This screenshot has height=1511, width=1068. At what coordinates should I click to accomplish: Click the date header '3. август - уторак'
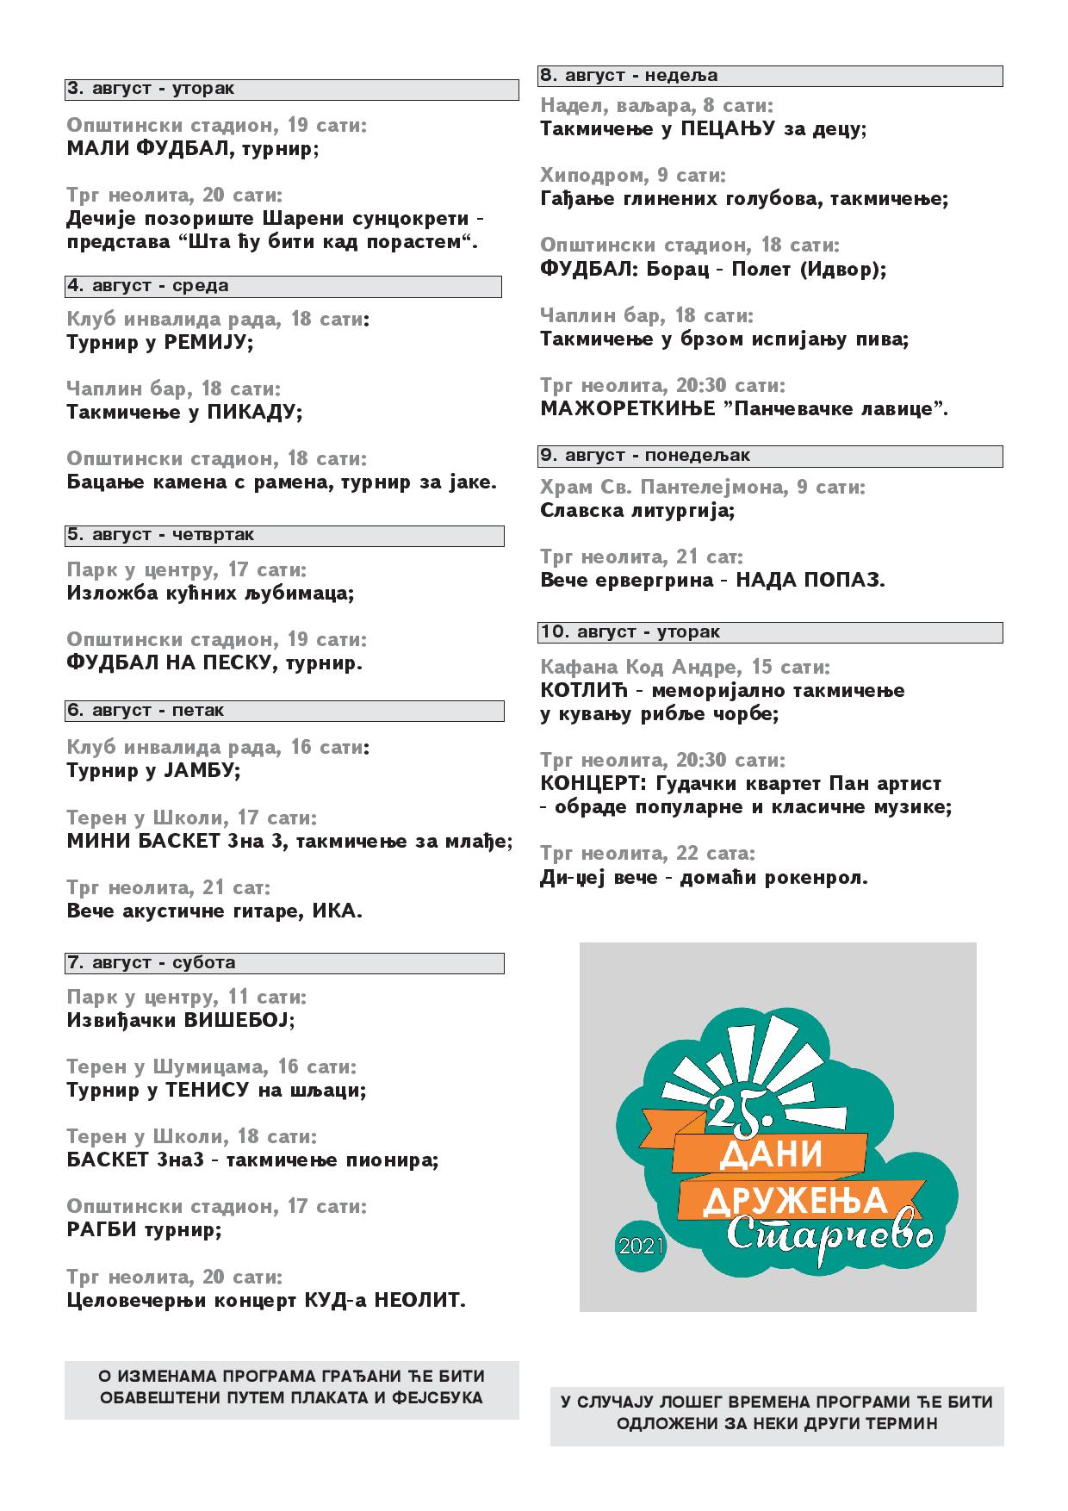(151, 89)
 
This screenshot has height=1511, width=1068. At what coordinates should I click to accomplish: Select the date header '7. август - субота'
(152, 962)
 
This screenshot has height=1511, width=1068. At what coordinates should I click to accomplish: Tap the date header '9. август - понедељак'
(645, 455)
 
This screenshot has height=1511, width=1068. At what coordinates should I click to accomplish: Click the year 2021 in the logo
(641, 1245)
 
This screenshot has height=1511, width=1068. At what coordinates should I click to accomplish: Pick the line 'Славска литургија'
(637, 510)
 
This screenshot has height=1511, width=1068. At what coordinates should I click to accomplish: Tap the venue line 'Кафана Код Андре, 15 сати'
(686, 668)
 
